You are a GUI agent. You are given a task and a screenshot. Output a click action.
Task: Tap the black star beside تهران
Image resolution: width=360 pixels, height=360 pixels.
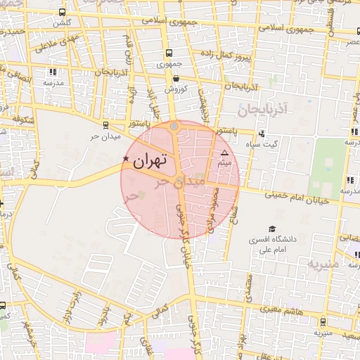126,159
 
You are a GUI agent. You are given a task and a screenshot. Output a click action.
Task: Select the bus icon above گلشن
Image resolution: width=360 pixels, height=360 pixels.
63,13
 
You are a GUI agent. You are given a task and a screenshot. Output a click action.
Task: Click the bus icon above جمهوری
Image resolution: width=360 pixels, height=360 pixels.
168,53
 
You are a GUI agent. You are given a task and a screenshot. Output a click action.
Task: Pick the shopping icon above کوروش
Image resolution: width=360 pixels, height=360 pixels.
174,79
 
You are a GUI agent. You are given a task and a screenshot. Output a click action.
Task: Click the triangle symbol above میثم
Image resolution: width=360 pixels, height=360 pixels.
225,153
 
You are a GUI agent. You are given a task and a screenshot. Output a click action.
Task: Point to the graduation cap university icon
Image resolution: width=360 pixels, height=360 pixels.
271,229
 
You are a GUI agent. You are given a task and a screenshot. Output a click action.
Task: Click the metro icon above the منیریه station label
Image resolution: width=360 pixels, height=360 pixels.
323,322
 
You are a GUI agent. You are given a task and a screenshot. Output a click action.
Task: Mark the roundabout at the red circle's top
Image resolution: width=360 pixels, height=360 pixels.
174,127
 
